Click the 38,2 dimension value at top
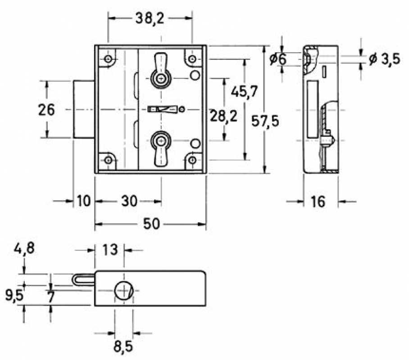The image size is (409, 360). pos(150,18)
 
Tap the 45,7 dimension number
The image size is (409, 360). pos(244,91)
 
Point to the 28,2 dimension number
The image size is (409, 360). pos(223,116)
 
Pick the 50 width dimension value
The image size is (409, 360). pos(151,224)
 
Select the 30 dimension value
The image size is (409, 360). pos(129,201)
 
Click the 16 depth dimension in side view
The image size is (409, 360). pos(318,201)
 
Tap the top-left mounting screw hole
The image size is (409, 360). pos(108,59)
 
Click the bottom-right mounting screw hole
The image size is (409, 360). pos(192,159)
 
